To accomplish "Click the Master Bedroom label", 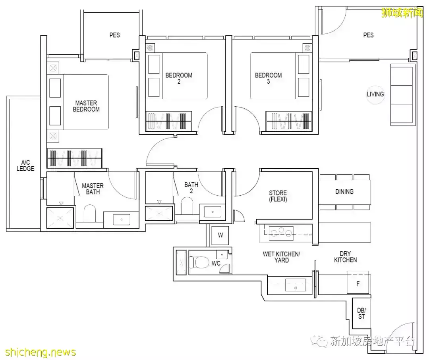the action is [86, 106].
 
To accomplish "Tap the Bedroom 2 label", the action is [179, 78].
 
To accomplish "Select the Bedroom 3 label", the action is [269, 78].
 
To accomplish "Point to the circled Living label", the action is [375, 94].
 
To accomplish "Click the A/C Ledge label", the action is [25, 166].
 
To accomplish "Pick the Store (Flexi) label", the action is [278, 196].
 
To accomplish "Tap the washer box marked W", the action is [220, 235].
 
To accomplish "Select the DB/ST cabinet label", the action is [361, 314].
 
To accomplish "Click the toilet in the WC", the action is [195, 262].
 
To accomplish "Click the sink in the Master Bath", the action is [122, 219].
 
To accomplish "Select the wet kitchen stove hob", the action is [281, 233].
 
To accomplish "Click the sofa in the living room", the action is [401, 95].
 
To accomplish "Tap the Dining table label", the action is [344, 192].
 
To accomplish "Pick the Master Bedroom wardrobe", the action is [75, 158].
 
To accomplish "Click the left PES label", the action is [115, 35].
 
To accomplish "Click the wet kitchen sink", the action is [296, 285].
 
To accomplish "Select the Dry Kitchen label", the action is [345, 257].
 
